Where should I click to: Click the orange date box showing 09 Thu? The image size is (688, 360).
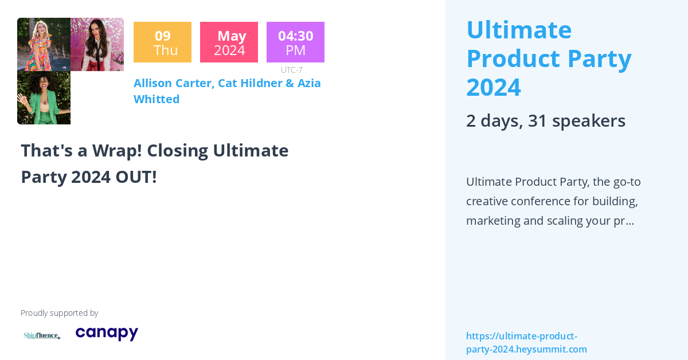point(162,42)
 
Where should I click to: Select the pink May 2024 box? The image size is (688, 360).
point(229,42)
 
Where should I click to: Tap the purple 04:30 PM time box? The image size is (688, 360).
point(295,42)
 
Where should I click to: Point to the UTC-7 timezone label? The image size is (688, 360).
point(292,70)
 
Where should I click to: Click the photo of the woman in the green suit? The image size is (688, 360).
point(44,98)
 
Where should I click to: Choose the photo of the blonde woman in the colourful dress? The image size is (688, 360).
point(44,44)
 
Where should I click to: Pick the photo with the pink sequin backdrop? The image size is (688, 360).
point(97,44)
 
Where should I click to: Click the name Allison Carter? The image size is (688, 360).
point(173,83)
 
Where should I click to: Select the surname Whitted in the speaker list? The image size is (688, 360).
point(157,99)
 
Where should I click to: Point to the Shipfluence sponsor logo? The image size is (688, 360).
point(42,335)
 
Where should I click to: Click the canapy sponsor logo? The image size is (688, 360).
point(107,333)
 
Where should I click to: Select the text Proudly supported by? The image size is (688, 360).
point(59,313)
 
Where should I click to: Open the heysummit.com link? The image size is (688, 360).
point(526,343)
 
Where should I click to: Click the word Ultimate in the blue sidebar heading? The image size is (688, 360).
point(519,30)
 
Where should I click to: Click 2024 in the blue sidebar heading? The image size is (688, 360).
point(493,87)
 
